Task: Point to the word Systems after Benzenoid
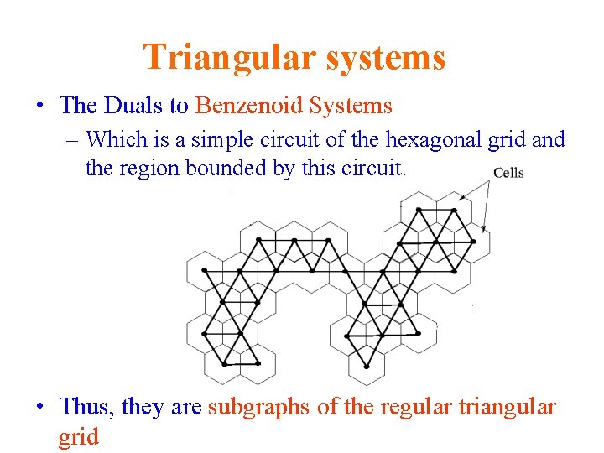click(x=351, y=106)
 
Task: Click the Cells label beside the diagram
click(x=508, y=173)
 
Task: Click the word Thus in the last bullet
click(x=87, y=407)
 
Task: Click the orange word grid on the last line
click(x=78, y=436)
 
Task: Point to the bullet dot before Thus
click(x=40, y=408)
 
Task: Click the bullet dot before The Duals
click(x=40, y=107)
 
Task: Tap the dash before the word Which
click(x=74, y=139)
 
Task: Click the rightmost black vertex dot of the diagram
click(x=473, y=242)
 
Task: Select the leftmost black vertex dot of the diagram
click(x=204, y=333)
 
